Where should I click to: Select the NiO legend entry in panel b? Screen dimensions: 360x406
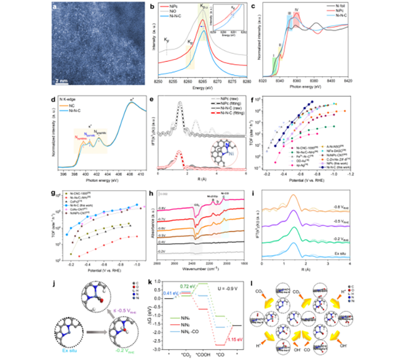pyautogui.click(x=173, y=16)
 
